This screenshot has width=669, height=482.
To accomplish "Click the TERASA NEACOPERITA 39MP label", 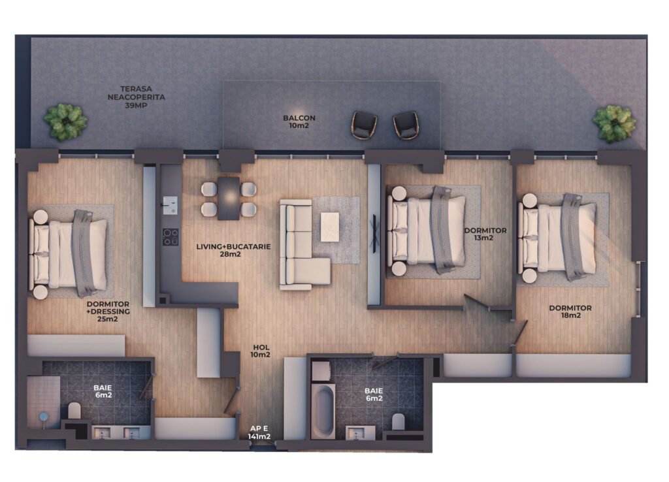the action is [x=136, y=97].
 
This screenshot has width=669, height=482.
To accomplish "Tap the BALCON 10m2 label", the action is [x=299, y=121].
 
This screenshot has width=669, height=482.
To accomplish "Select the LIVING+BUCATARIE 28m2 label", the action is [x=233, y=250].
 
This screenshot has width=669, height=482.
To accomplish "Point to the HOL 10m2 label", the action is [x=261, y=351].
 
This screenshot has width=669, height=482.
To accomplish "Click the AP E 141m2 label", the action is [x=259, y=432].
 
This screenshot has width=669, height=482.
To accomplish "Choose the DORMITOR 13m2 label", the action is [x=485, y=234].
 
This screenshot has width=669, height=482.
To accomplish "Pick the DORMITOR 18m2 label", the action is [x=570, y=312].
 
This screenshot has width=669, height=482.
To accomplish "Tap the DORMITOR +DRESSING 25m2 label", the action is [x=108, y=312].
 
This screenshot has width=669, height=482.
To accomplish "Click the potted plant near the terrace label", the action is [x=65, y=121].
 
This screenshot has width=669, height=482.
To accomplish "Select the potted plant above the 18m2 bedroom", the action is [x=614, y=123].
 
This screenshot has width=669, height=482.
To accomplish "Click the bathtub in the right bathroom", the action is [x=323, y=412].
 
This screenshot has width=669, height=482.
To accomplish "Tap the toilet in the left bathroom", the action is [x=74, y=410].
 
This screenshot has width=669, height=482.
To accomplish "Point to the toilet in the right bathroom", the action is [x=398, y=421].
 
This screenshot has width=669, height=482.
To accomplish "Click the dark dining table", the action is [x=229, y=199].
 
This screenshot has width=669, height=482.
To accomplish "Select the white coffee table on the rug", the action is [x=330, y=227].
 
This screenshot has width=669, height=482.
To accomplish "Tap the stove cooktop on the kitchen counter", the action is [x=171, y=237].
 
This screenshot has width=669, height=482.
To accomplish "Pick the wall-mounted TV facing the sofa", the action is [x=374, y=234].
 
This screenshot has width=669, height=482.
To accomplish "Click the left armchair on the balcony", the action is [x=364, y=125].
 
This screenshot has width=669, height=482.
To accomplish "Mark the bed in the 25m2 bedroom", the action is [x=68, y=253].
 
